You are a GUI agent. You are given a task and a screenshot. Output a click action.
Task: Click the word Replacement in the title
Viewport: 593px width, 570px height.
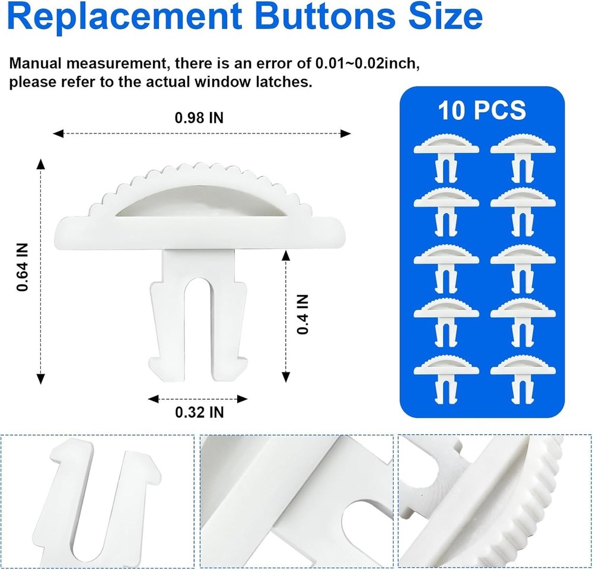119,18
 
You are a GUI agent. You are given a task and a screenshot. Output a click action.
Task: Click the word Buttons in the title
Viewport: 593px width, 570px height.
323,18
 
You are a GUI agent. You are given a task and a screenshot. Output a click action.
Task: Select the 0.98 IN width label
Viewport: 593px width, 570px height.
199,117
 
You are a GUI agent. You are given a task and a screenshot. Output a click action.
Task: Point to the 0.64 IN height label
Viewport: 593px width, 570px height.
23,269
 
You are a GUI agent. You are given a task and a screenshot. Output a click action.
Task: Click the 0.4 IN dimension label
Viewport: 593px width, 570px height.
302,315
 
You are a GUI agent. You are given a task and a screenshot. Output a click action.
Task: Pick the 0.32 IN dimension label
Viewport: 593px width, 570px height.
199,412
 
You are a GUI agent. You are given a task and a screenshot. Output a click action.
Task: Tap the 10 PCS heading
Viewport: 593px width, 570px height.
482,111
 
